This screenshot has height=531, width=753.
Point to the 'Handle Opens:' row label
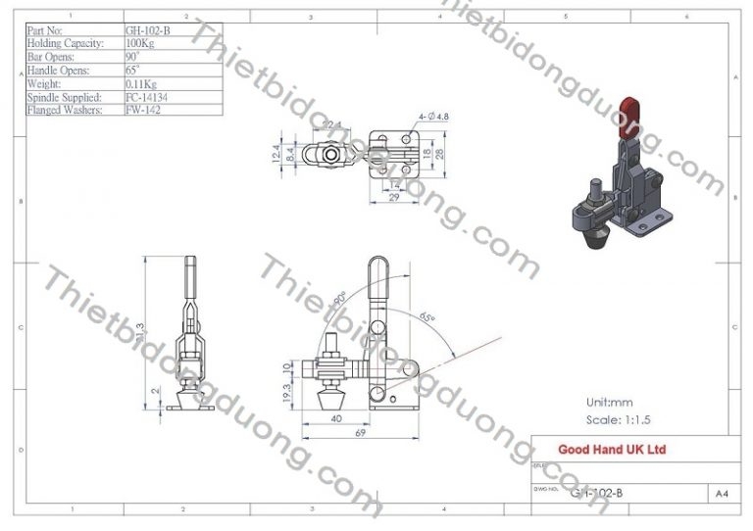click(x=61, y=71)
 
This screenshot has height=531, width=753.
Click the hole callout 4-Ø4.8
click(x=433, y=117)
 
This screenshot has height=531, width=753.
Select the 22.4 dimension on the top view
click(x=330, y=124)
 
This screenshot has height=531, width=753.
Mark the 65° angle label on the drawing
click(x=427, y=316)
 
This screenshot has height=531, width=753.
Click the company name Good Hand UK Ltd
click(x=612, y=450)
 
